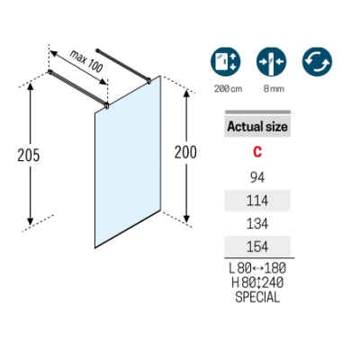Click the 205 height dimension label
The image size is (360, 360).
pos(29,156)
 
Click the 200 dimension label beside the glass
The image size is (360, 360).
pos(185,152)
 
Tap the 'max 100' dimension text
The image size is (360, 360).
pos(86,61)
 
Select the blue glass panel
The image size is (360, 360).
pos(128,162)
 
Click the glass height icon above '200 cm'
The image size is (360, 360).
pos(226,62)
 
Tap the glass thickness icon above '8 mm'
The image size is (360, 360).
pos(272,62)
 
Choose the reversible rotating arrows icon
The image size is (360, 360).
pos(317,62)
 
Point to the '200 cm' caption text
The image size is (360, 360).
pos(228,89)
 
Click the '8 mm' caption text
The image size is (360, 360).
pos(274,89)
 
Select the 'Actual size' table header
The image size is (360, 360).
pos(257,126)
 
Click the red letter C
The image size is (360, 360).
pos(257,152)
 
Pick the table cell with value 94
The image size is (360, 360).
pos(257,177)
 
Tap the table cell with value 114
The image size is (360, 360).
pos(257,201)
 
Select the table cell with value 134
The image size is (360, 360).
pos(257,223)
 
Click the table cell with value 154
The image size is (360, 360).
pos(257,247)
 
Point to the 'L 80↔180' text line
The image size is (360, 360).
pos(257,268)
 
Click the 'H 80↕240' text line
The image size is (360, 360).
pos(257,283)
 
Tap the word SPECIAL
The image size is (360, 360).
pos(257,297)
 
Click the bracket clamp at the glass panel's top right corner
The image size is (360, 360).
pos(148,81)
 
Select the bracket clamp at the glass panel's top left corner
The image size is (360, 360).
pos(106,105)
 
